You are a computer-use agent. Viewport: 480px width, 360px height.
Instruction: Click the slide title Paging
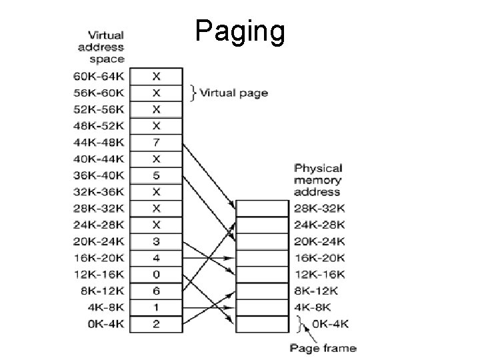[x=241, y=31]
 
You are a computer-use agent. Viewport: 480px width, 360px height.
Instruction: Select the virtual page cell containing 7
[x=155, y=142]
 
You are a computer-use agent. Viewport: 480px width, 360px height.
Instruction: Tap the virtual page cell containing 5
[x=155, y=175]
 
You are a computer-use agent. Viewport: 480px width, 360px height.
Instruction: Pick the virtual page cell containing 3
[x=155, y=241]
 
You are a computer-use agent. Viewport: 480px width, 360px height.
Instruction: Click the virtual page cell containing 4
[x=155, y=257]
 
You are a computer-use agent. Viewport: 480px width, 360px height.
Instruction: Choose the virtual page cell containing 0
[x=155, y=274]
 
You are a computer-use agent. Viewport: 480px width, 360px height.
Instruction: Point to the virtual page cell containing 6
[x=155, y=291]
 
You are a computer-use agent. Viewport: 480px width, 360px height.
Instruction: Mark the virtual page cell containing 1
[x=155, y=307]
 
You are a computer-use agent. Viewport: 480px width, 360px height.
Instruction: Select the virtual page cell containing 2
[x=155, y=324]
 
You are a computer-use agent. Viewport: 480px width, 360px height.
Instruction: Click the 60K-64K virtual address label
[x=99, y=76]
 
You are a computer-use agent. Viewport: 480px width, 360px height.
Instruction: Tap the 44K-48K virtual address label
[x=99, y=142]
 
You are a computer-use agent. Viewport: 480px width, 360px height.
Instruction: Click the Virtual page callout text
[x=234, y=93]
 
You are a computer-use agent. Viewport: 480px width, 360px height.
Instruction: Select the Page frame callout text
[x=323, y=347]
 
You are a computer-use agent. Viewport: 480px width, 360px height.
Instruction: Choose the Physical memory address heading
[x=318, y=180]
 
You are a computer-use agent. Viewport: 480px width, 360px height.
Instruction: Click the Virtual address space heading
[x=101, y=47]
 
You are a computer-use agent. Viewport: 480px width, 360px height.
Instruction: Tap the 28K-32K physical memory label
[x=319, y=209]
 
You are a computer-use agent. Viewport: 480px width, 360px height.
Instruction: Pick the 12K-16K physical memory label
[x=319, y=274]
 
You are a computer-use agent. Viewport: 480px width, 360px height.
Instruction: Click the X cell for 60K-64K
[x=155, y=76]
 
